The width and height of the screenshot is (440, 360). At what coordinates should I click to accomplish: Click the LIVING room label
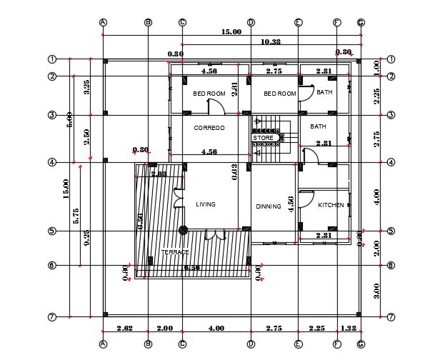(206, 205)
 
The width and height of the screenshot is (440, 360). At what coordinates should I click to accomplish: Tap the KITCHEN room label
(331, 206)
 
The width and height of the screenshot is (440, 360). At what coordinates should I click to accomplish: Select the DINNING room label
(269, 206)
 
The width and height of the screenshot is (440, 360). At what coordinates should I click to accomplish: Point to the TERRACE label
(175, 252)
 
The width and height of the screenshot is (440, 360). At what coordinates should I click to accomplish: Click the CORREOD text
(209, 129)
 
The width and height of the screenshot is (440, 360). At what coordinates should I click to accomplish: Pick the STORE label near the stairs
(263, 138)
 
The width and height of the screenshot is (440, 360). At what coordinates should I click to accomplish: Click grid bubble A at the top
(104, 22)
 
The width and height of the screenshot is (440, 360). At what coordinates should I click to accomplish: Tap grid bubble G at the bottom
(361, 344)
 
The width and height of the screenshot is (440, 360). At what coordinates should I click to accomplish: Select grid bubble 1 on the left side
(52, 59)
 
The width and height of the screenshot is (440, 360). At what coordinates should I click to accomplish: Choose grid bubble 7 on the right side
(391, 316)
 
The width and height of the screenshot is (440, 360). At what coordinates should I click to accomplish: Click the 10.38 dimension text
(271, 42)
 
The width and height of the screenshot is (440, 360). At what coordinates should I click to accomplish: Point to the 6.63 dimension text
(234, 171)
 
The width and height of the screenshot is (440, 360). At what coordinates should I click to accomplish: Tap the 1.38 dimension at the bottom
(349, 328)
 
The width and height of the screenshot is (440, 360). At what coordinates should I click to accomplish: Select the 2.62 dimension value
(124, 328)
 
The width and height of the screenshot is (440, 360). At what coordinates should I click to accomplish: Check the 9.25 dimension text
(86, 238)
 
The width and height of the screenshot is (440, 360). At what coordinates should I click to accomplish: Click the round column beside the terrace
(184, 230)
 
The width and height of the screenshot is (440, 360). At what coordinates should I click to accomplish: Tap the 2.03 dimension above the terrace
(159, 173)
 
